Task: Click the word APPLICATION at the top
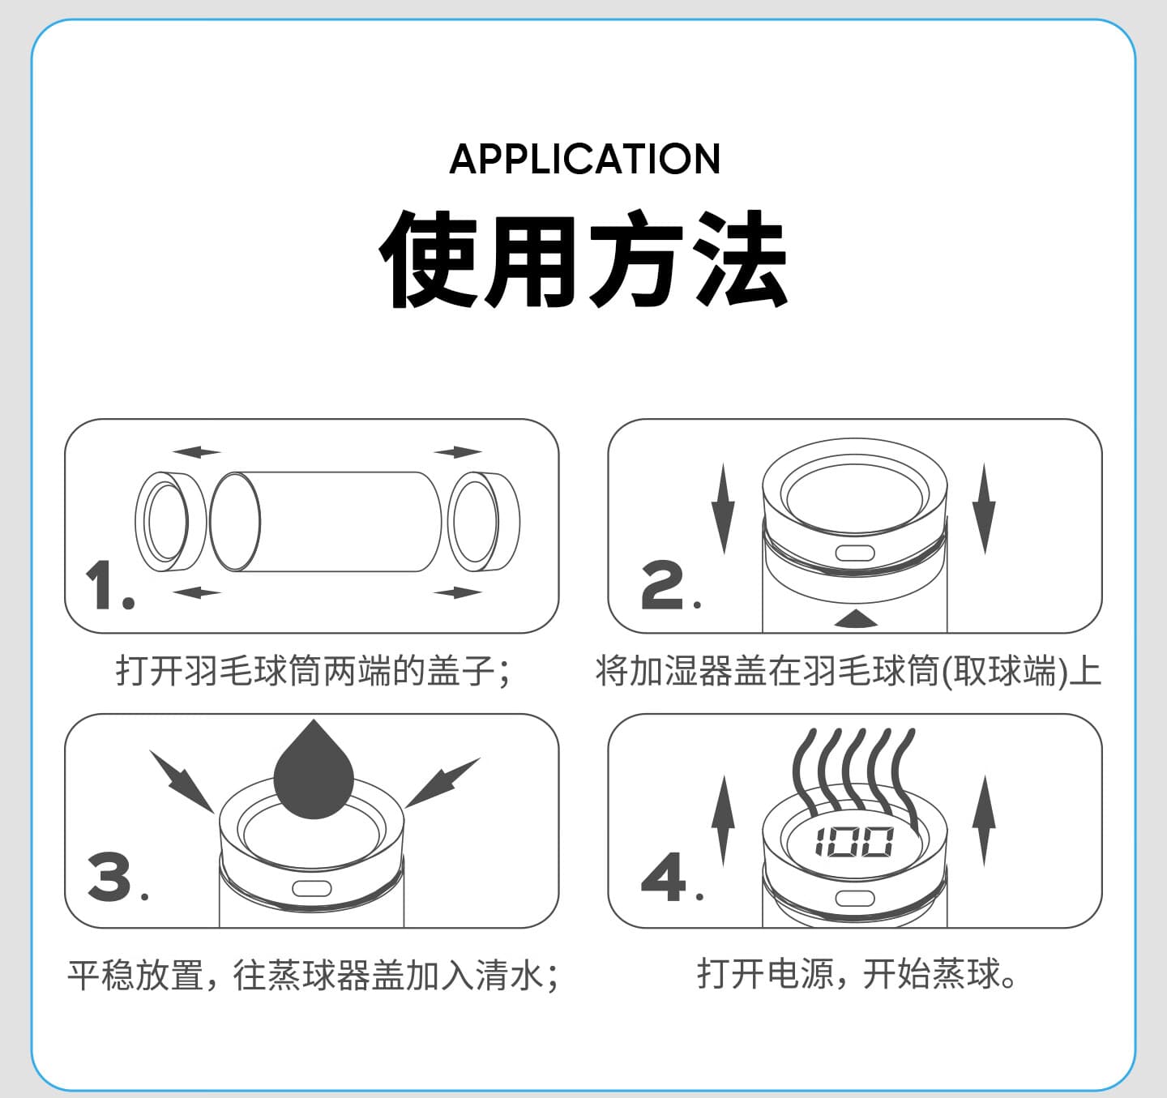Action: tap(584, 159)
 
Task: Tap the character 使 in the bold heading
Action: tap(428, 258)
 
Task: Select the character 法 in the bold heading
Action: tap(739, 258)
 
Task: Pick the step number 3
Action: tap(118, 876)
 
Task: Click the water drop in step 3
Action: tap(314, 770)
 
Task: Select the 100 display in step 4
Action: tap(854, 842)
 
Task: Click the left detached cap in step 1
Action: tap(170, 521)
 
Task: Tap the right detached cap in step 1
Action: tap(484, 521)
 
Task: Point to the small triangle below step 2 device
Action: tap(856, 618)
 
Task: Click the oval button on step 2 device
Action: tap(855, 553)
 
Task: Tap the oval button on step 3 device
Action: tap(312, 888)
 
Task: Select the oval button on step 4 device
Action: tap(855, 899)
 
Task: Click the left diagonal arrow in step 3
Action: tap(182, 781)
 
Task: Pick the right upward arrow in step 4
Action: tap(984, 821)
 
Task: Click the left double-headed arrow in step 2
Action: tap(723, 509)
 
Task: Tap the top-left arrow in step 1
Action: tap(197, 452)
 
